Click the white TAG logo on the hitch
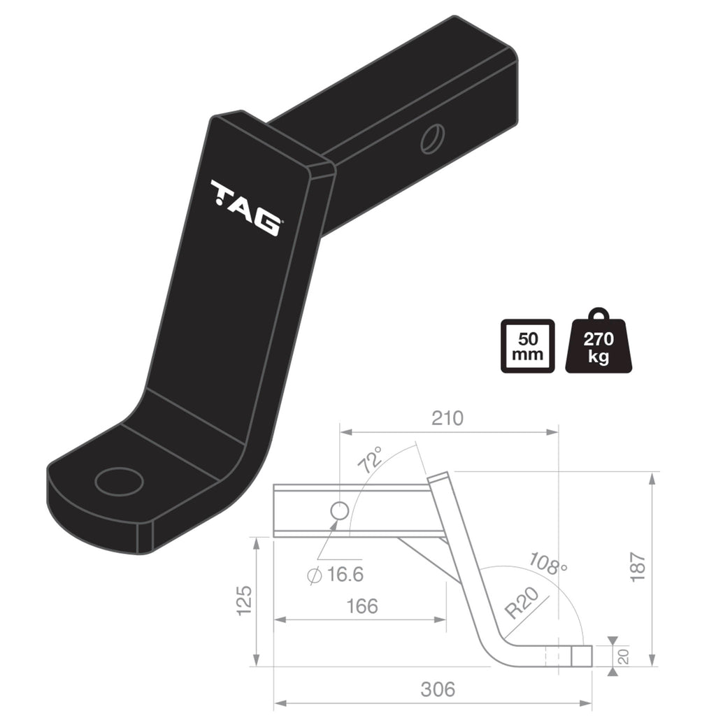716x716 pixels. pos(246,208)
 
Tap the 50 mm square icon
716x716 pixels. pos(528,345)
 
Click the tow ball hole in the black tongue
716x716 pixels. pos(119,481)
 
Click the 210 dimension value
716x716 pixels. pos(447,418)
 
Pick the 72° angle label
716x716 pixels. pos(371,459)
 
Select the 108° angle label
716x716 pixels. pos(549,561)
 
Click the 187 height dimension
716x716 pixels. pos(637,568)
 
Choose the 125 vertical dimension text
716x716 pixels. pos(244,600)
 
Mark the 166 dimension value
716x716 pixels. pos(361,606)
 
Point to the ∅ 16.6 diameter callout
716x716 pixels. pos(336,575)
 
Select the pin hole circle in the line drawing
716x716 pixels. pos(339,510)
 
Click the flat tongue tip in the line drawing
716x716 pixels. pos(582,655)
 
